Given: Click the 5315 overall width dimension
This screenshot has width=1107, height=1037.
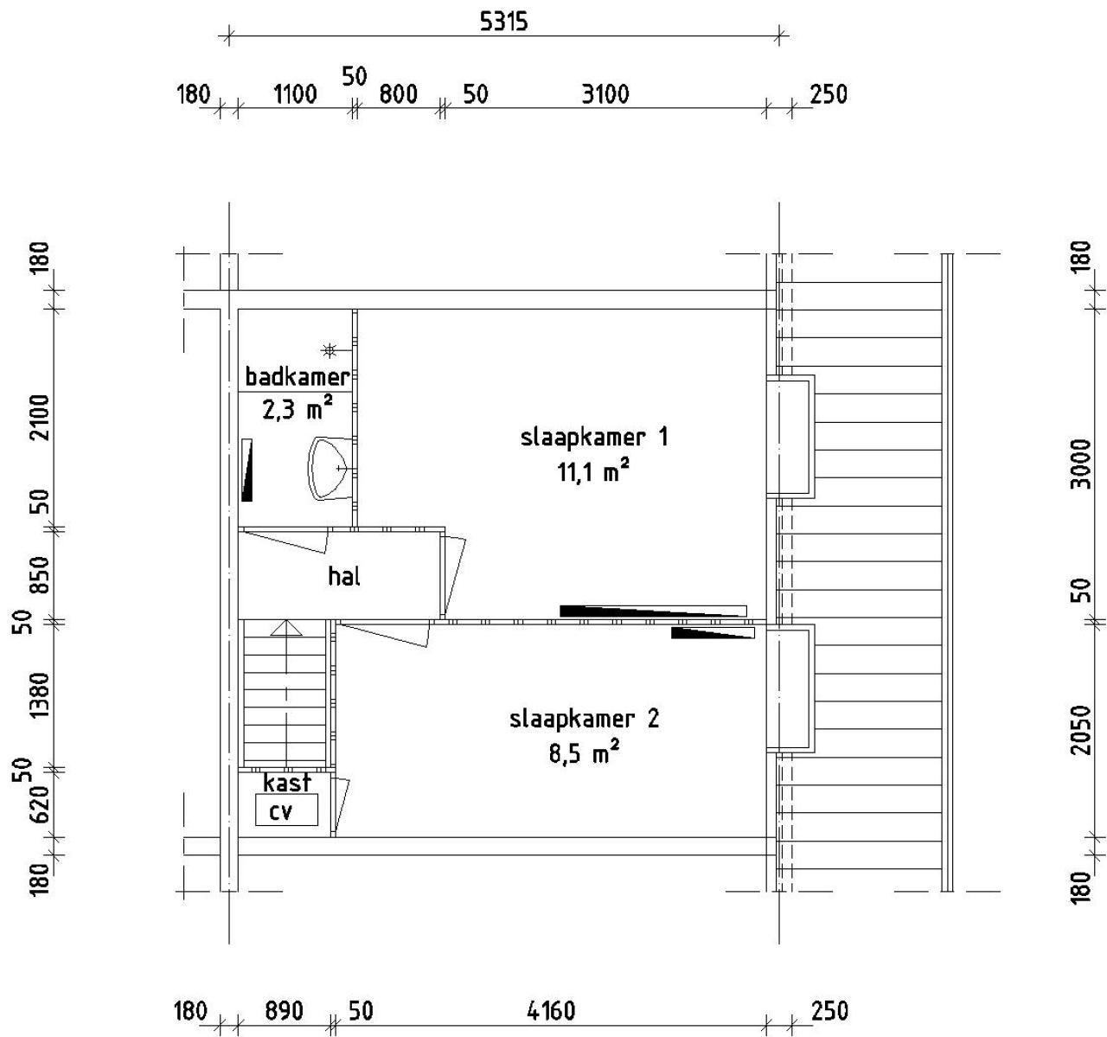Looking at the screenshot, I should (x=503, y=22).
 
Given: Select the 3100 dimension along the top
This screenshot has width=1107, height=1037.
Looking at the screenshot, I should (x=605, y=93).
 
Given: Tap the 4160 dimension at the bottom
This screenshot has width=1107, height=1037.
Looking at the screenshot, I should (x=551, y=1010).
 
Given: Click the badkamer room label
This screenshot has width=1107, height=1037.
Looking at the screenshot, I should (x=297, y=377).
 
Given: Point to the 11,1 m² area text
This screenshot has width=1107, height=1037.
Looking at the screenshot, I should (x=593, y=471).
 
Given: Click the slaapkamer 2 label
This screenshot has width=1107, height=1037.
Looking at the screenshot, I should (x=584, y=719).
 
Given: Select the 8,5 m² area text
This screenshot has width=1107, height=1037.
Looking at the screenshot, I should (x=584, y=753).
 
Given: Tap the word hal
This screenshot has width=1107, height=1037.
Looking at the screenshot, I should (x=343, y=576).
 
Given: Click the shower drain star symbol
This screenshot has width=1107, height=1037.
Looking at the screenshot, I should (x=329, y=350).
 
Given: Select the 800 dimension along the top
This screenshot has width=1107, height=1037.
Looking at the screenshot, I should (x=399, y=93).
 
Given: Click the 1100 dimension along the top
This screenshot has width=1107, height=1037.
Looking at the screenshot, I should (x=295, y=93).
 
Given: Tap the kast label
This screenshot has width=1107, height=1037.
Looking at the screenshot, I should (x=286, y=784).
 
